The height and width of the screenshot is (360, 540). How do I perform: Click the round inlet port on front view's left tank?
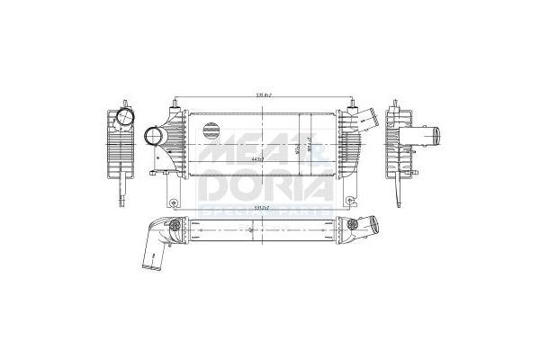pyautogui.click(x=153, y=139)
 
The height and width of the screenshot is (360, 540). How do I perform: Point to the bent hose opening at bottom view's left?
pyautogui.click(x=146, y=265)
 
